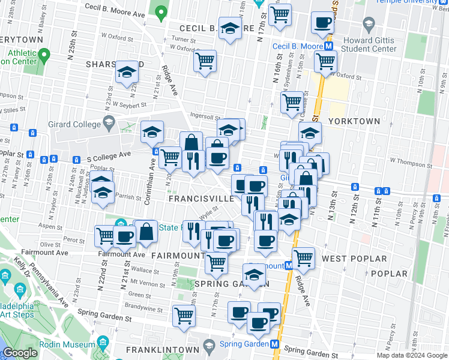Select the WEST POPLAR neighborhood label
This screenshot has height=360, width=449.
(x=354, y=259)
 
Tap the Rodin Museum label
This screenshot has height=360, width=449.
(x=67, y=344)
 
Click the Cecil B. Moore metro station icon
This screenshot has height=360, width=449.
(x=329, y=46)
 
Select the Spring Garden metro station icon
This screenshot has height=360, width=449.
(x=274, y=344)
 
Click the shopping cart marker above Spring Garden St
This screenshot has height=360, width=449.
(x=184, y=315)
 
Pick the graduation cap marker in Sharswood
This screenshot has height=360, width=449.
(x=127, y=73)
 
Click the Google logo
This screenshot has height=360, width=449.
(x=20, y=353)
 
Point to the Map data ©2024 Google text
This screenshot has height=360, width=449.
(x=411, y=355)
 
